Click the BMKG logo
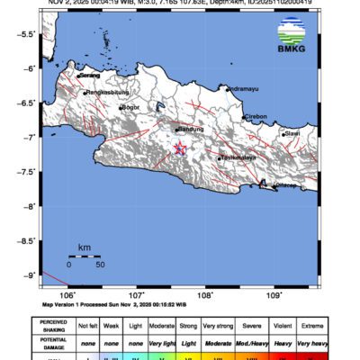pos(289,42)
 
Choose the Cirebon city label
pos(256,116)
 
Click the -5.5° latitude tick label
pos(27,34)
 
